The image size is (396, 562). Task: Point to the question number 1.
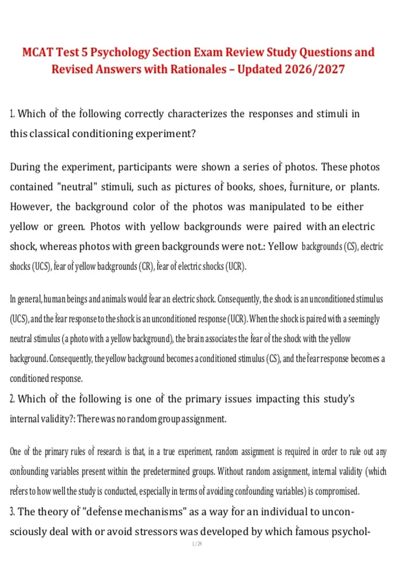pos(12,114)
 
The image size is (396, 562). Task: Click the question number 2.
pos(12,399)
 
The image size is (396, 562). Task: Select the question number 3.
pos(12,512)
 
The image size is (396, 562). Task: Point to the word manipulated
pos(277,207)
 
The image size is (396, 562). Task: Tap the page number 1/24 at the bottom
pos(197,544)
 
